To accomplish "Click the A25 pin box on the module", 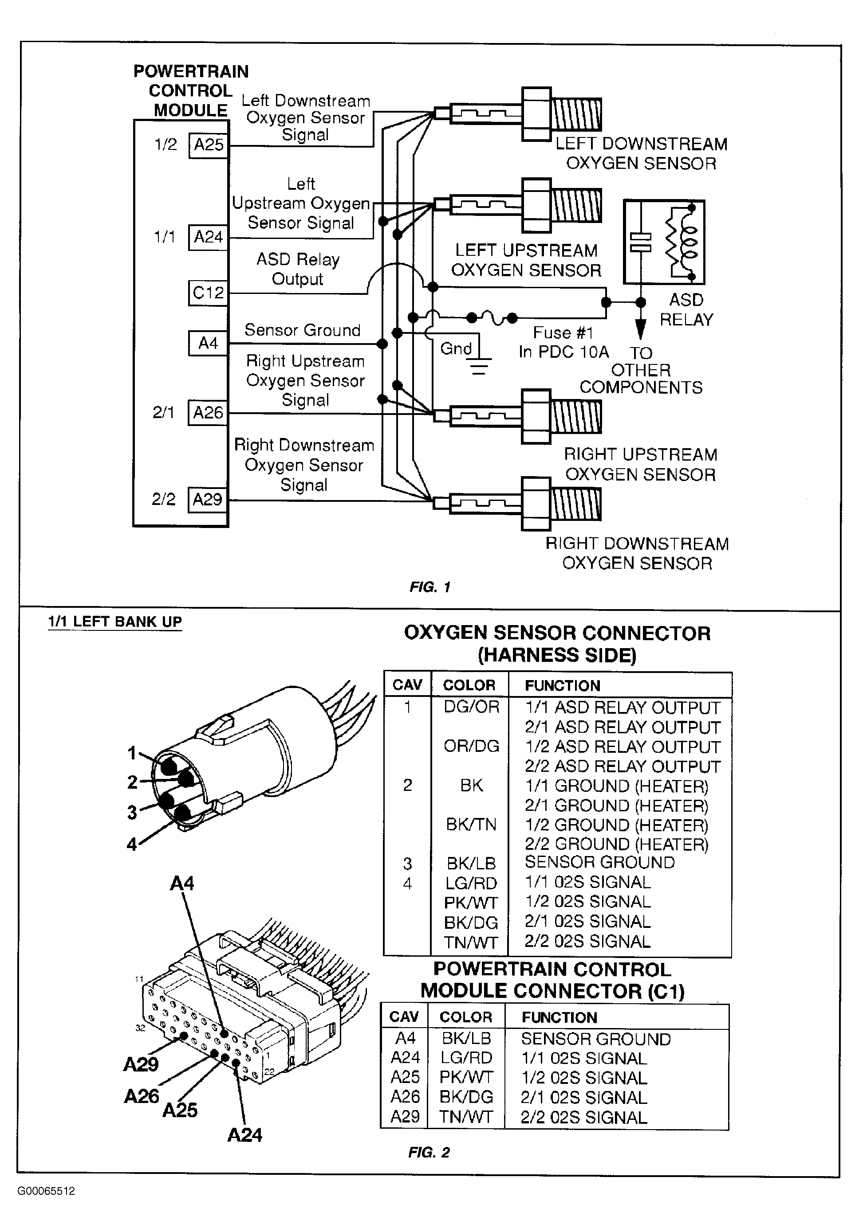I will (208, 145).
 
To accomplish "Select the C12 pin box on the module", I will (208, 293).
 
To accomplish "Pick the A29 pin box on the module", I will (207, 500).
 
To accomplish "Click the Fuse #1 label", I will (563, 333).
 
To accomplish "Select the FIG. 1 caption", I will (430, 587).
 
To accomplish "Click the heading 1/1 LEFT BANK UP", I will (115, 622).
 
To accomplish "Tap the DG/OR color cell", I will (471, 707).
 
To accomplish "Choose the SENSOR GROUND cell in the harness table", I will (599, 862).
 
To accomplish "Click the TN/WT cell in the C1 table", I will (465, 1117).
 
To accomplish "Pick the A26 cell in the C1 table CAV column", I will (405, 1097).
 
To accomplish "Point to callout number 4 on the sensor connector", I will (132, 845).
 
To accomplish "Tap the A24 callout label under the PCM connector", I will (244, 1135).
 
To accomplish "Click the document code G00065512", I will (46, 1191).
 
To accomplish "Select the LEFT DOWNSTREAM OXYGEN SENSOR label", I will (641, 153).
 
